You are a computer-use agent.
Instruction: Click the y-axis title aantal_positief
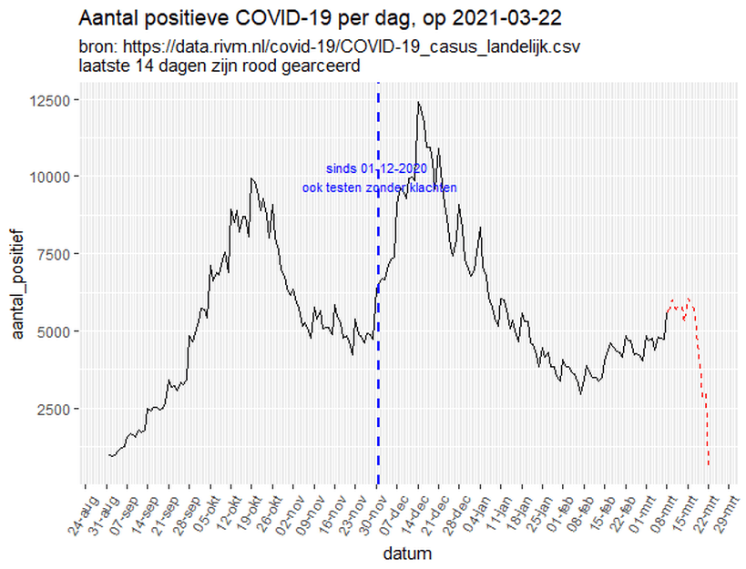click(17, 285)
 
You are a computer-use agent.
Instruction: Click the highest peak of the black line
click(418, 102)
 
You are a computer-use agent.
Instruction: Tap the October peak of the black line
click(251, 178)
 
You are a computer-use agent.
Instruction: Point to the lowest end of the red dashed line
click(709, 466)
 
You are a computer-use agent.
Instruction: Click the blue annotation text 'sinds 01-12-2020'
click(376, 169)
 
